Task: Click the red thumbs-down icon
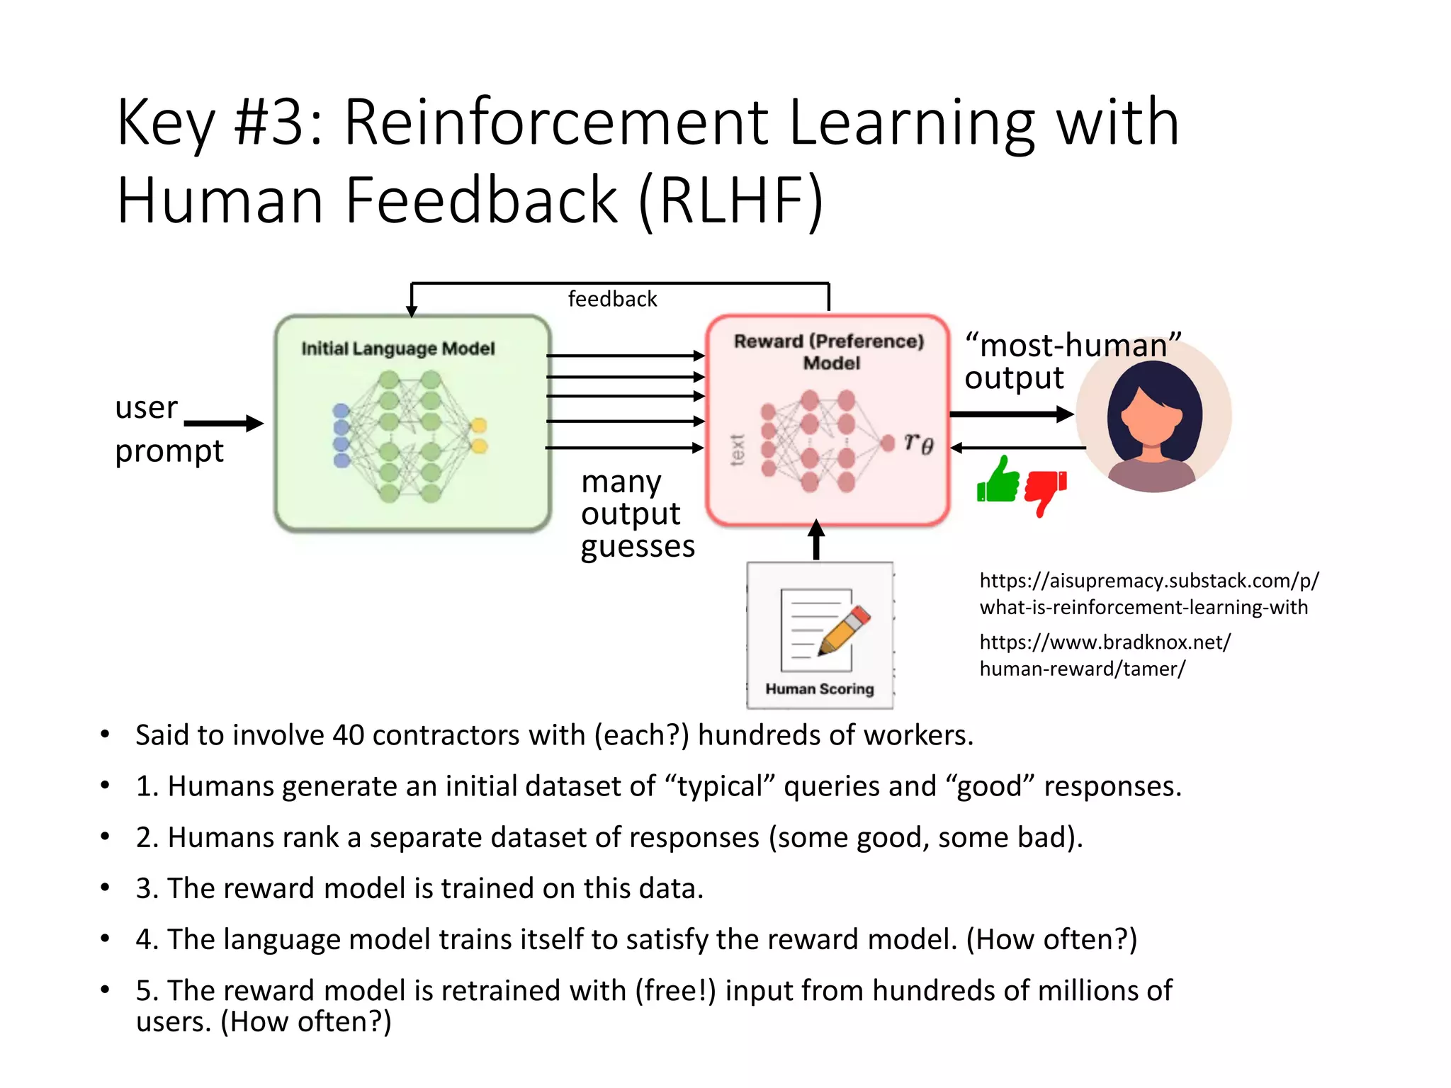pos(1044,490)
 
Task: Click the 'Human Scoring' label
pos(819,688)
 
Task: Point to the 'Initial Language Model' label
pos(397,348)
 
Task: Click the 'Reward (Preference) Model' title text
pos(829,351)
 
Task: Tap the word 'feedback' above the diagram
pos(612,299)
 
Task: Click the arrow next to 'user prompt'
pos(223,424)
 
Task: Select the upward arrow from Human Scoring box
pos(816,540)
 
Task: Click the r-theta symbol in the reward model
pos(919,443)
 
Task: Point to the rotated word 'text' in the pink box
pos(737,450)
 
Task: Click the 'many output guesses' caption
pos(636,514)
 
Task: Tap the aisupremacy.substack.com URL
pos(1148,594)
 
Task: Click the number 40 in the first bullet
pos(348,735)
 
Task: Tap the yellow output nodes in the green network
pos(479,435)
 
